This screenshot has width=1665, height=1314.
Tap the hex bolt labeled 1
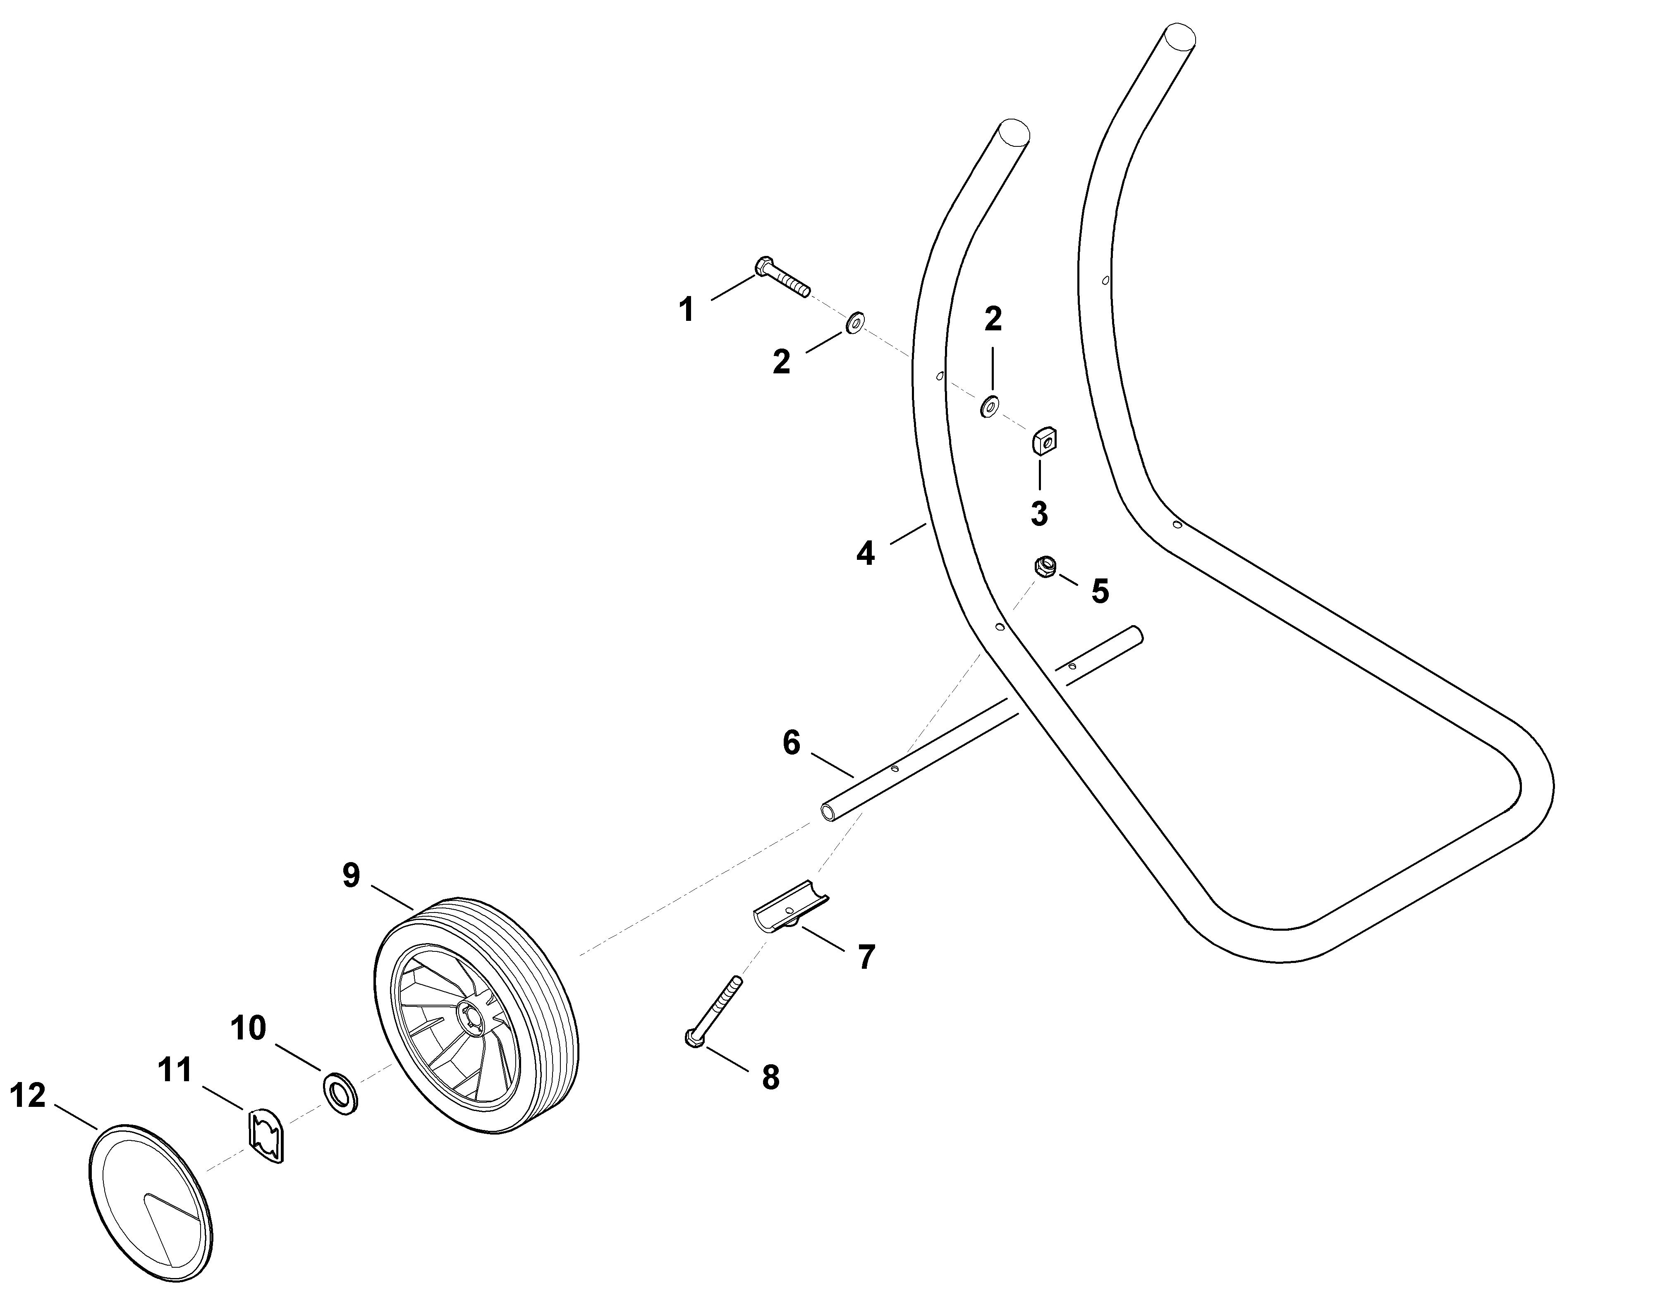(x=781, y=277)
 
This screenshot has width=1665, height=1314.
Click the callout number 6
(x=792, y=743)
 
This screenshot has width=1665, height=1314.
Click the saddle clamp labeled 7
(x=791, y=908)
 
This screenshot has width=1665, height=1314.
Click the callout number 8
(x=770, y=1078)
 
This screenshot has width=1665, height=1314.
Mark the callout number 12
(x=28, y=1096)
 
